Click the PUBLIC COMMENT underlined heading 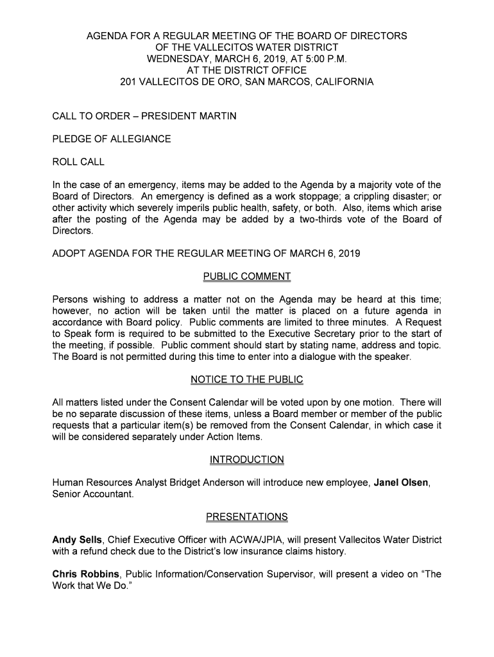(247, 277)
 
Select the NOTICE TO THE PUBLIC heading (247, 380)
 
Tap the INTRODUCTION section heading (247, 460)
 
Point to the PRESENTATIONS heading (247, 517)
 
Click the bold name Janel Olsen (401, 482)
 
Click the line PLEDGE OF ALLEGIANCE (112, 139)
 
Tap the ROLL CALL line (78, 162)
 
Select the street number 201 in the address (128, 82)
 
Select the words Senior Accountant (92, 494)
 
